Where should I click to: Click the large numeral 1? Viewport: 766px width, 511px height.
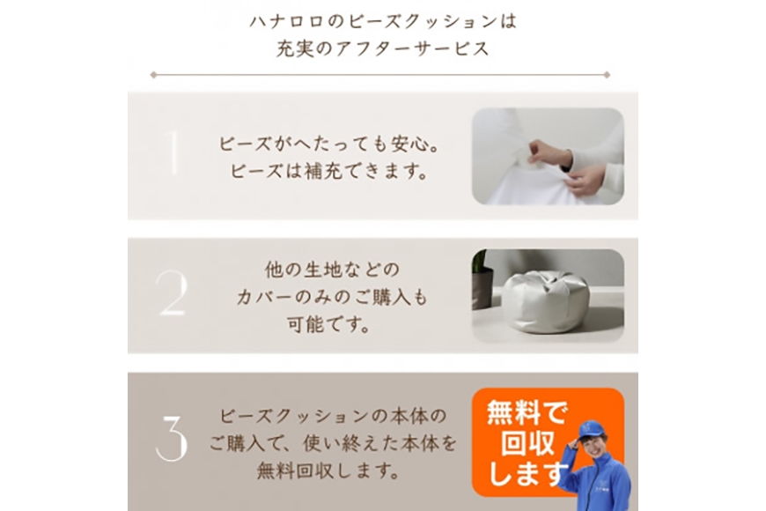click(172, 152)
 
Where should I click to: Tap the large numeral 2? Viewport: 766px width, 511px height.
click(172, 293)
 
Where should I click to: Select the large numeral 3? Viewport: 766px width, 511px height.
click(172, 439)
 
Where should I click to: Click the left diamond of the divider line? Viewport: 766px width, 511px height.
click(153, 75)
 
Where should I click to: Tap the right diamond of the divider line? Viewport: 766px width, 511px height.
click(607, 75)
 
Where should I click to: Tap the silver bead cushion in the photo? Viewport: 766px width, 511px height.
click(546, 301)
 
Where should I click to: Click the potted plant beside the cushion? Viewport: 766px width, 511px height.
click(482, 279)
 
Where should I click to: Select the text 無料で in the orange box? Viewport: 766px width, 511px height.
click(527, 412)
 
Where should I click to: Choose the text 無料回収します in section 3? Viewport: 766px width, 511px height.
click(328, 470)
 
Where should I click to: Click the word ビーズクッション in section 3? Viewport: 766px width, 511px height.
click(294, 416)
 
